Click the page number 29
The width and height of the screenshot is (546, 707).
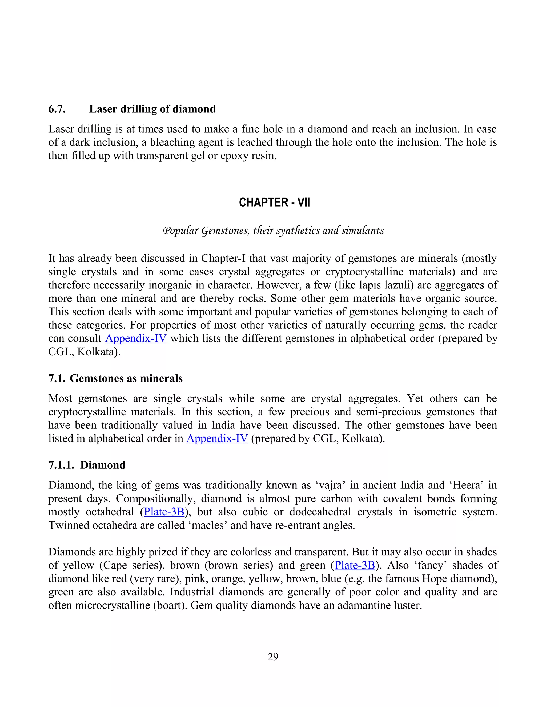[273, 657]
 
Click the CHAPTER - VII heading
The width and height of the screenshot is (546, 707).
[274, 203]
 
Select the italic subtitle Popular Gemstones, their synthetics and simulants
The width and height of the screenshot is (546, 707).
[274, 231]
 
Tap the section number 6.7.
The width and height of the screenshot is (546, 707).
[57, 109]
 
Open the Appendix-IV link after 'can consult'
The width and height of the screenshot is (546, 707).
[136, 338]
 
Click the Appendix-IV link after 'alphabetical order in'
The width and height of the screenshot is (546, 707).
[217, 438]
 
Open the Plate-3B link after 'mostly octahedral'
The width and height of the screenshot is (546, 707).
[164, 512]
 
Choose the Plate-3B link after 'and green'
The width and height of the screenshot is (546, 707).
[355, 565]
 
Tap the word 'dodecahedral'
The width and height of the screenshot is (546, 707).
[320, 512]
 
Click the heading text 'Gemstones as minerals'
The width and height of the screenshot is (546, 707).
[126, 378]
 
